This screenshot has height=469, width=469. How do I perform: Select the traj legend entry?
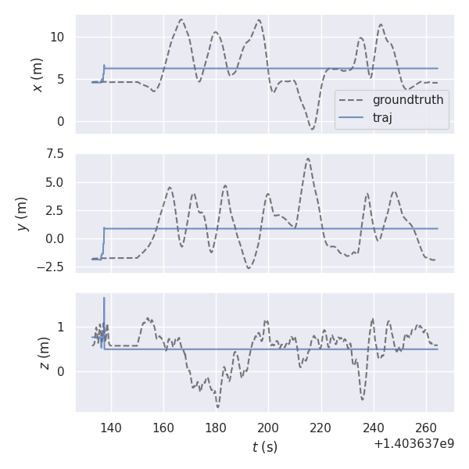(x=382, y=118)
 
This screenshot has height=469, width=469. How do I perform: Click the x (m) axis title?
(x=37, y=74)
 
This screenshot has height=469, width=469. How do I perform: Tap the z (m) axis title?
(x=44, y=353)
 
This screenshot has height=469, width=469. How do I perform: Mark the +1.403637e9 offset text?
(x=414, y=444)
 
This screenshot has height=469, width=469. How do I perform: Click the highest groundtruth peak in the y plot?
(x=308, y=159)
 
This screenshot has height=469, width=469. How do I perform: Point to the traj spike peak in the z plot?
(x=104, y=298)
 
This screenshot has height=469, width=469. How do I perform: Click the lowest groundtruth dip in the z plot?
(x=218, y=407)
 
